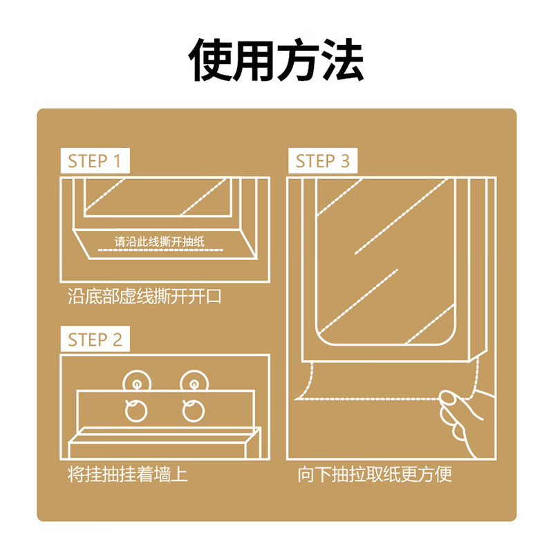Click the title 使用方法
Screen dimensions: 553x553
click(276, 60)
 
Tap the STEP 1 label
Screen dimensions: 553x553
click(95, 161)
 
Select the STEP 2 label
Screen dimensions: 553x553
click(95, 339)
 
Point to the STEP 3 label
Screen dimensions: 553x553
click(323, 161)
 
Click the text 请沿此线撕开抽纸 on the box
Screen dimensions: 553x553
click(160, 241)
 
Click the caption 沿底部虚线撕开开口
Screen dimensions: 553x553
click(144, 297)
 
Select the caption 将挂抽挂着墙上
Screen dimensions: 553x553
click(127, 474)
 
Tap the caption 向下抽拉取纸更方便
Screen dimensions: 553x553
click(375, 474)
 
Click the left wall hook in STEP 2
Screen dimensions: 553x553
click(137, 382)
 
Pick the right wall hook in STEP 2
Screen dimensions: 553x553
click(194, 382)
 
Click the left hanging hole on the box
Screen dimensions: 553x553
click(136, 411)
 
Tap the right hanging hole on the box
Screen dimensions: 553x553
click(194, 411)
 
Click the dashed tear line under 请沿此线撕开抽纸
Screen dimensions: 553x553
click(160, 250)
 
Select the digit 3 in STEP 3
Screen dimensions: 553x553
click(345, 161)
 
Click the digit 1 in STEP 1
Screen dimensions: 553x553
click(118, 161)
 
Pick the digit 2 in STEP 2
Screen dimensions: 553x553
click(118, 339)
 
